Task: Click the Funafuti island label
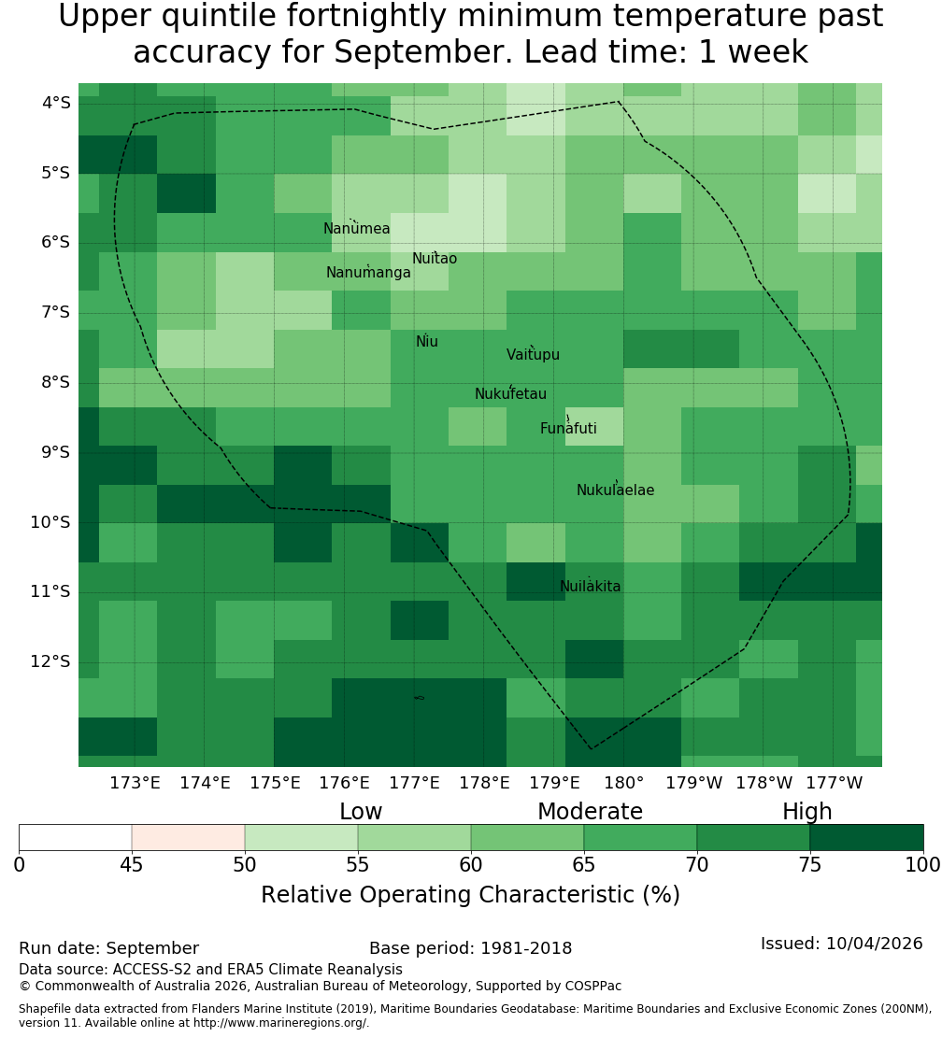coord(568,428)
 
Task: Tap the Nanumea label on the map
coord(357,228)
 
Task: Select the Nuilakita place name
coord(590,586)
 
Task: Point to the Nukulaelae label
coord(615,490)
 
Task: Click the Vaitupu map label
coord(534,354)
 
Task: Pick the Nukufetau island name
coord(510,393)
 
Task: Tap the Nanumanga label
coord(368,273)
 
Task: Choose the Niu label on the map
coord(427,341)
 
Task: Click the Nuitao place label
coord(435,258)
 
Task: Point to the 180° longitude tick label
coord(624,783)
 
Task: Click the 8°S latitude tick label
coord(50,382)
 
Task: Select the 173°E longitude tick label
coord(135,783)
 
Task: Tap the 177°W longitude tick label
coord(835,783)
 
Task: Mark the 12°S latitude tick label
coord(50,661)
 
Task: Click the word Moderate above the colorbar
coord(590,812)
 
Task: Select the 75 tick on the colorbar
coord(810,864)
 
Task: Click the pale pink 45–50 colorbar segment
coord(189,837)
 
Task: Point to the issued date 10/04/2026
coord(875,943)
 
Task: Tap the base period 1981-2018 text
coord(526,948)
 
